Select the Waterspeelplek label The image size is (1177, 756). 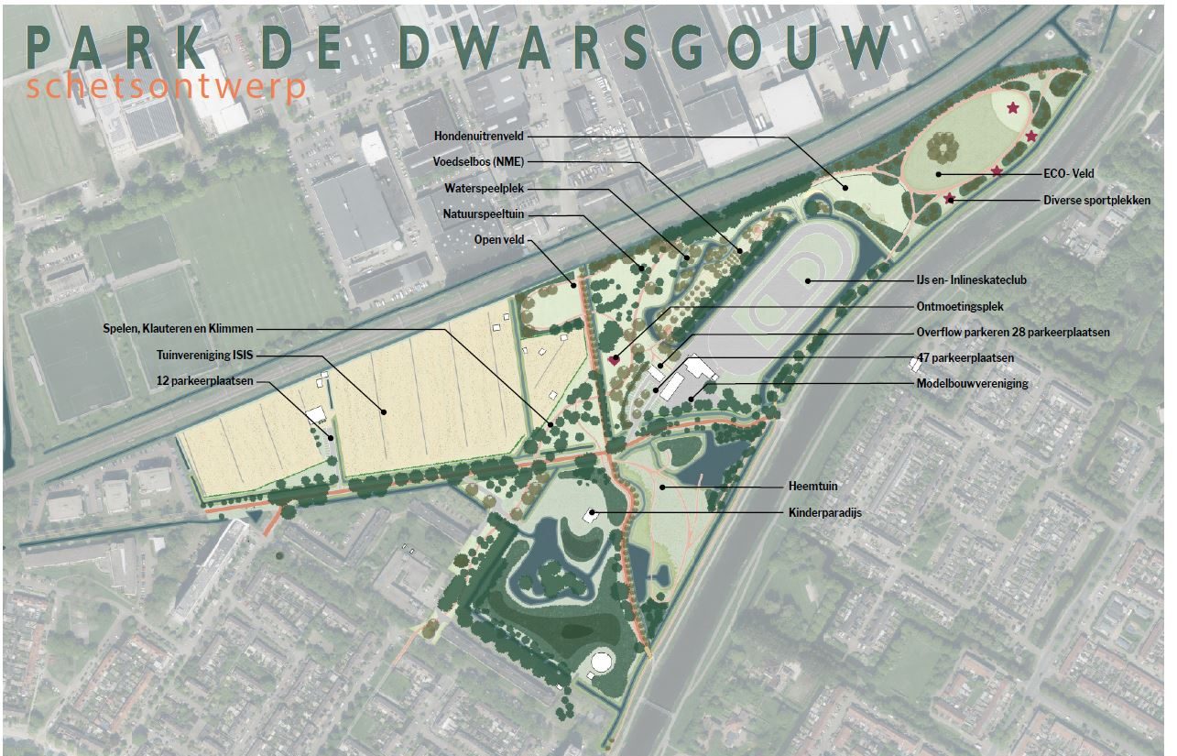pyautogui.click(x=484, y=188)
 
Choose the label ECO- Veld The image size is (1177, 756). pyautogui.click(x=1069, y=173)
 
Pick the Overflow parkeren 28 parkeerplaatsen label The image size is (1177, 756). pyautogui.click(x=1012, y=333)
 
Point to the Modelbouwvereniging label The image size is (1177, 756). pyautogui.click(x=972, y=383)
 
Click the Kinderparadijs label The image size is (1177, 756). pyautogui.click(x=824, y=513)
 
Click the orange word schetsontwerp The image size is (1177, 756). pyautogui.click(x=166, y=88)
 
